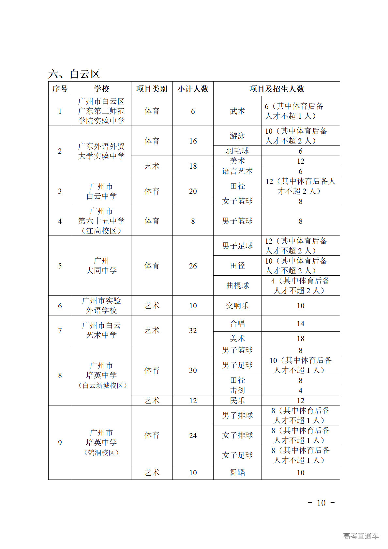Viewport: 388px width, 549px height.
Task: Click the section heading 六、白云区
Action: coord(74,74)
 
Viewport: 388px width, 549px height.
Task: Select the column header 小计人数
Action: coord(193,89)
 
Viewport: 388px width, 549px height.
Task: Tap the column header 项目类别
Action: coord(152,89)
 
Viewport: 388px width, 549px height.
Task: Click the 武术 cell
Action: coord(237,111)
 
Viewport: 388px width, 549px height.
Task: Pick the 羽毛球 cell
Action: coord(237,151)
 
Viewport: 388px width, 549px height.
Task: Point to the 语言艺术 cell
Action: coord(237,171)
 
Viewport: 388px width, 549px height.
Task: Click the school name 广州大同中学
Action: coord(101,266)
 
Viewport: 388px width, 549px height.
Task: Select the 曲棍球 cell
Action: coord(237,285)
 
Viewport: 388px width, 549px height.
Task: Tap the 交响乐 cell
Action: coord(237,305)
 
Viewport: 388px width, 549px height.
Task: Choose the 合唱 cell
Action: coord(237,323)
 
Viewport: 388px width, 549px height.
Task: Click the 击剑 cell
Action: coord(237,390)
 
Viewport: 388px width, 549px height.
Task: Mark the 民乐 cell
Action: coord(237,400)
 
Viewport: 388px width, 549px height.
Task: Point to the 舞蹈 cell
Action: coord(237,472)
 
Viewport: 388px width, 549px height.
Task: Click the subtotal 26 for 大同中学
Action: coord(193,266)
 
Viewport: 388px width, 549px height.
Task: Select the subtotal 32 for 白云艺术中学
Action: coord(193,330)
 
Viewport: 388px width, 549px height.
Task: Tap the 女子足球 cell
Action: coord(237,455)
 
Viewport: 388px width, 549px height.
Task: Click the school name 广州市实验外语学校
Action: coord(101,305)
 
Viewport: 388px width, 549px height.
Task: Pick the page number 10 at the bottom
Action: coord(321,503)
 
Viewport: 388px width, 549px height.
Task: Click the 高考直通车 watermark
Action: coord(361,536)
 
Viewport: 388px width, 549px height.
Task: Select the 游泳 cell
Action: coord(237,136)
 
